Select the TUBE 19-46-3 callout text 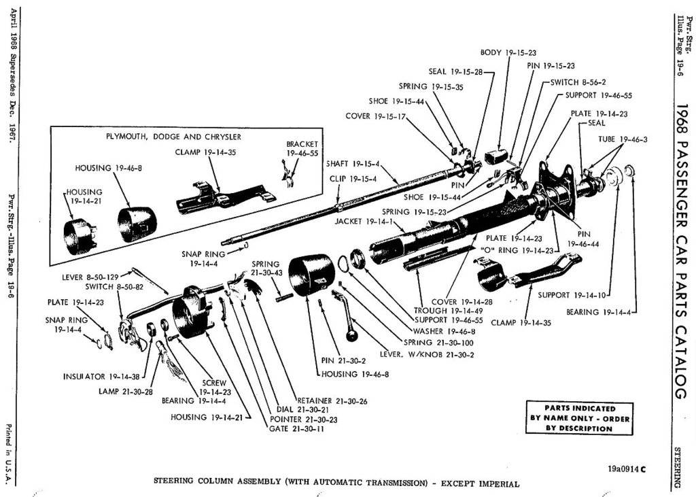622,139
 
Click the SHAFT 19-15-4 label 353,164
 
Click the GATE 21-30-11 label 297,430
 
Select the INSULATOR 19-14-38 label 94,376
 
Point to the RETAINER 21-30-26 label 332,401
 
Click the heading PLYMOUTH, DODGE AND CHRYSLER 173,137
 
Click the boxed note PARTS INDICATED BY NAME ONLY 580,419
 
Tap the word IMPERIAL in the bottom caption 498,484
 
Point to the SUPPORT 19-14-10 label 572,295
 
